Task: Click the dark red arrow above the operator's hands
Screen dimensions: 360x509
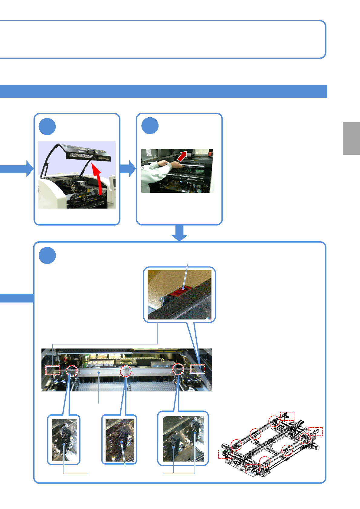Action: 182,157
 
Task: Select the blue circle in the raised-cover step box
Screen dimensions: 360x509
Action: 47,127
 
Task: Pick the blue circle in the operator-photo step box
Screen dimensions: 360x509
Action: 150,126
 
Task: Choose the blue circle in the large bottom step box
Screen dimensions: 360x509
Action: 47,255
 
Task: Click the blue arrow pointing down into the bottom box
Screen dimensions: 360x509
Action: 180,233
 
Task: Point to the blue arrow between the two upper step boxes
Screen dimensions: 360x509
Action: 128,168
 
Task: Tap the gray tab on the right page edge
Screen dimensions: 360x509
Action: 351,138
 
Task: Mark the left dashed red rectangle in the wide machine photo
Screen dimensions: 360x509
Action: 53,370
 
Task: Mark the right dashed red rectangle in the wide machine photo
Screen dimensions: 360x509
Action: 198,369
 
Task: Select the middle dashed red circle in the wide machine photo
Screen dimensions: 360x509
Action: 126,371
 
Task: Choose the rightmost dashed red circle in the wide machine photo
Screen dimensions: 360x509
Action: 178,369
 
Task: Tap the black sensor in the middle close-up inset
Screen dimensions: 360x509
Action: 122,435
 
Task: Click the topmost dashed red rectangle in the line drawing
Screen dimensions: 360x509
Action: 287,416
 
